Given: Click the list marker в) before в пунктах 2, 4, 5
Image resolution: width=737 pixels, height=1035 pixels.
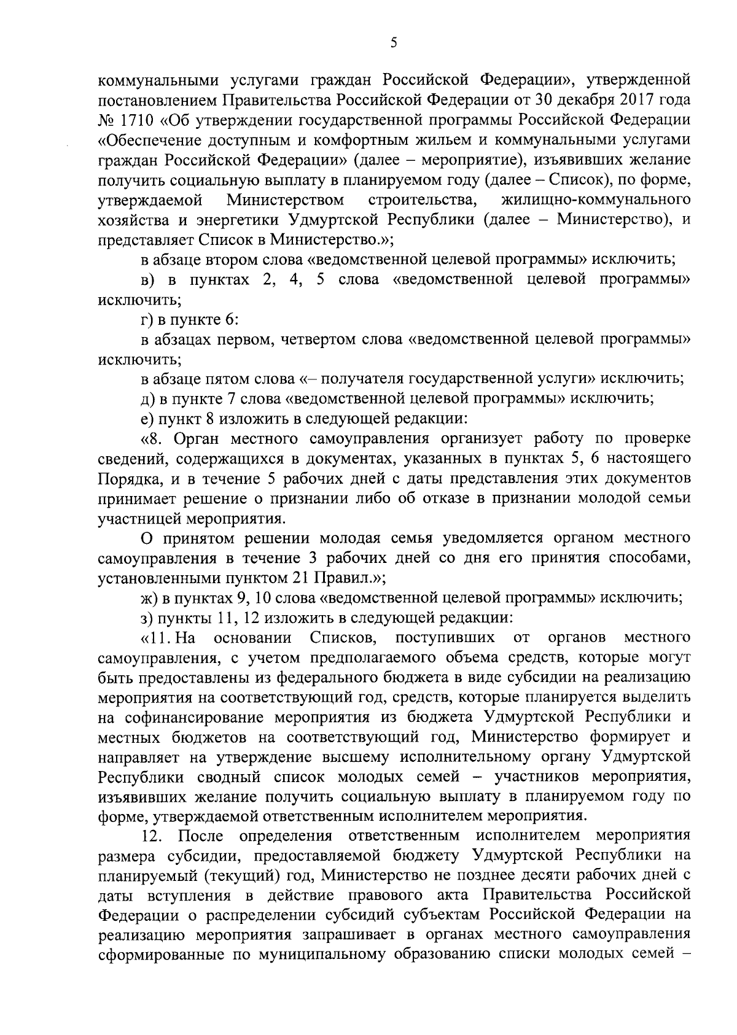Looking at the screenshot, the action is (x=147, y=280).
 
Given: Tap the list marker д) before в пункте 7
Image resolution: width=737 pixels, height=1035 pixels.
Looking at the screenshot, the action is (x=147, y=399).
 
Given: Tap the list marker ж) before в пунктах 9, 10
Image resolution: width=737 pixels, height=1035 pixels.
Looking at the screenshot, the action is (x=148, y=597).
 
